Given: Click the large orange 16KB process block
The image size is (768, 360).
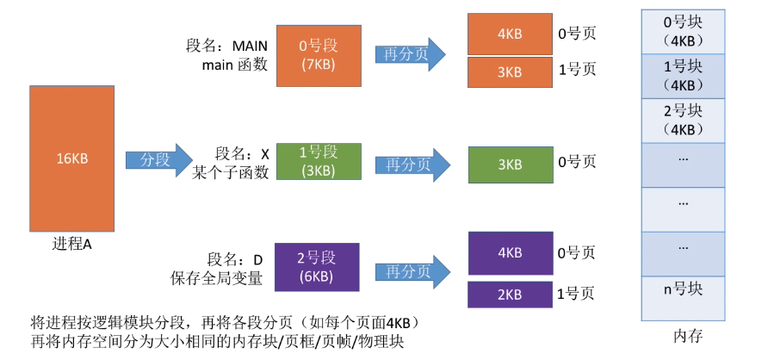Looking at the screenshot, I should tap(73, 159).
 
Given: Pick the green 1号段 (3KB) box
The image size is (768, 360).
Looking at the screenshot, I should tap(318, 161).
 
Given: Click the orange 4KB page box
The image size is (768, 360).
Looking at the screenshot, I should tap(509, 34).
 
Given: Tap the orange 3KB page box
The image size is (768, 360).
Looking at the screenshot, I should tap(509, 72).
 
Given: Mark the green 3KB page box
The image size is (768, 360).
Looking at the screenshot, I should tap(509, 164).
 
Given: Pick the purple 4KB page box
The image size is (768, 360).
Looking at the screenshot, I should tap(509, 252).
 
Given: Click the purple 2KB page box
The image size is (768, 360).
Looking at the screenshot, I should tap(509, 294).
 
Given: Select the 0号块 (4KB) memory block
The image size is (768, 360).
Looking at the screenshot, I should tap(684, 31).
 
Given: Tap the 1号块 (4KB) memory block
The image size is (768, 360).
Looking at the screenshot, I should tap(684, 75).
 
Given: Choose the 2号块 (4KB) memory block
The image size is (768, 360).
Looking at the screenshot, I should tap(684, 120).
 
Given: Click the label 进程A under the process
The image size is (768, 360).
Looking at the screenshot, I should tap(72, 244).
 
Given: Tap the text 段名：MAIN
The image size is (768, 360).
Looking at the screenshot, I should tap(227, 45).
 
